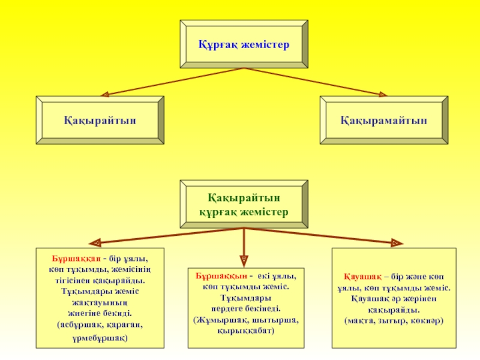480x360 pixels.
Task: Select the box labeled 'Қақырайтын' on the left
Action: coord(100,120)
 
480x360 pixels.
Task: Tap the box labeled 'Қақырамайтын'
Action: coord(384,120)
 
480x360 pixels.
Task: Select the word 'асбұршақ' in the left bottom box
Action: coord(79,324)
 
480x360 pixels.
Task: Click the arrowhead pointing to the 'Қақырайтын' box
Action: coord(103,94)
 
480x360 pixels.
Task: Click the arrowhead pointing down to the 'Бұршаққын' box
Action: coord(244,260)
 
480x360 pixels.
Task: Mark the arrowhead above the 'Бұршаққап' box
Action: coord(95,243)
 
